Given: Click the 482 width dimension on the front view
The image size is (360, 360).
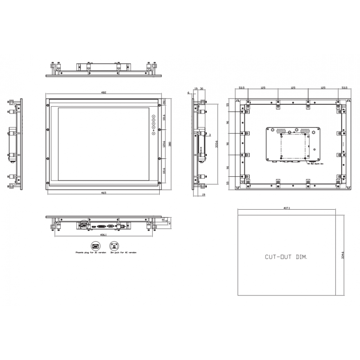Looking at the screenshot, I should (103, 92).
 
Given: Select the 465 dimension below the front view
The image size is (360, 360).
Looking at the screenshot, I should (103, 193).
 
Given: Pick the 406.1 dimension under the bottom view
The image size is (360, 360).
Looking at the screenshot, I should (103, 234).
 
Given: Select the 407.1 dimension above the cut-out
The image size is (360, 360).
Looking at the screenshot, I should (287, 208).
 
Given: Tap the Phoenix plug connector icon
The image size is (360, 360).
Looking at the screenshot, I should (95, 246).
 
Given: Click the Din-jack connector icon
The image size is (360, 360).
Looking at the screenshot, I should (114, 246).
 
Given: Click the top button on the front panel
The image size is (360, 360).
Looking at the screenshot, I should (153, 117).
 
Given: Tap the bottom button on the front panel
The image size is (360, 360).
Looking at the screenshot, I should (153, 133).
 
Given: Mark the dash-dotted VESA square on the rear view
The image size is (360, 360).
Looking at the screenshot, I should (294, 147).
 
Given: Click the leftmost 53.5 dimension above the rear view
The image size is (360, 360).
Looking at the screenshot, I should (242, 88).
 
